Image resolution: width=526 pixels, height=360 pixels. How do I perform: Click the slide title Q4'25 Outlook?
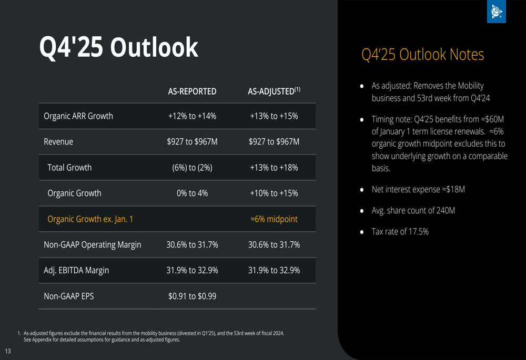coord(119,48)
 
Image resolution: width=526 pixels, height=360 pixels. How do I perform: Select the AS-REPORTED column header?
coord(192,91)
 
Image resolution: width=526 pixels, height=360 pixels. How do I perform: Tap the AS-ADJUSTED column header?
coord(274,91)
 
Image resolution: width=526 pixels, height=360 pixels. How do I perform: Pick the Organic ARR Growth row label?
coord(78,116)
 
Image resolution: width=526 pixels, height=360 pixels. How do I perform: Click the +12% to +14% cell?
coord(192,116)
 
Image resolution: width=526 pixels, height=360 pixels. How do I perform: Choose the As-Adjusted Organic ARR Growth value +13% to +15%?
coord(274,116)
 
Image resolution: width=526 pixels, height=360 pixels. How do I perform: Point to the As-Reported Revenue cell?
coord(192,142)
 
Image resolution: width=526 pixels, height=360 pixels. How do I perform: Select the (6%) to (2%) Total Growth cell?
coord(192,168)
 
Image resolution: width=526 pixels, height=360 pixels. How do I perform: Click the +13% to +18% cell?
coord(274,168)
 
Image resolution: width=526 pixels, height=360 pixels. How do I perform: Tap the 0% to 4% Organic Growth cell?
coord(192,193)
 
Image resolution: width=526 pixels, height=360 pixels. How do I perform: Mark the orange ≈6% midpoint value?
coord(274,219)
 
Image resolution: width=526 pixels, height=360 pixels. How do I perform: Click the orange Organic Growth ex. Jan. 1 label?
coord(90,219)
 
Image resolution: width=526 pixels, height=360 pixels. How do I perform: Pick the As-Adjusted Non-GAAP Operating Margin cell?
coord(274,245)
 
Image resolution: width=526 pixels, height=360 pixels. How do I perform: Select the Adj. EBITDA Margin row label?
coord(76,271)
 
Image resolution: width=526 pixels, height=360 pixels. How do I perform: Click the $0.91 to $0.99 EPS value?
coord(192,296)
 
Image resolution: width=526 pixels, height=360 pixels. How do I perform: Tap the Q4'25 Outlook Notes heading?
coord(422,55)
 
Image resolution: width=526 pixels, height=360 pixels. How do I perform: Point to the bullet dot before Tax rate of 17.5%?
coord(361,232)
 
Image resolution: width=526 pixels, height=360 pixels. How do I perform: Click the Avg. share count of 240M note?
coord(413,211)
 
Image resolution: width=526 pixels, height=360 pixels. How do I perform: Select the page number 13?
coord(8,351)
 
